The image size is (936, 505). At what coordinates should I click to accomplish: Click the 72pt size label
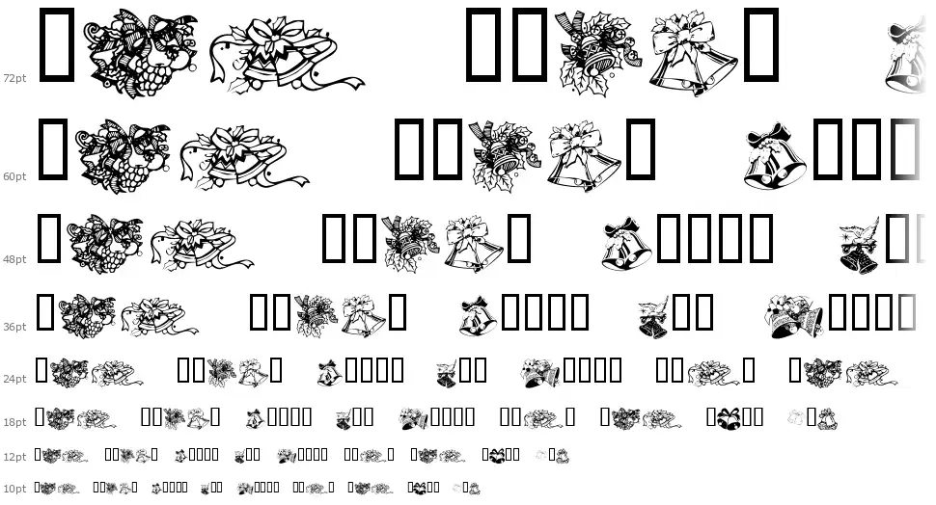click(x=14, y=78)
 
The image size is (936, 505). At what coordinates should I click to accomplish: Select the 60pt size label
click(x=14, y=176)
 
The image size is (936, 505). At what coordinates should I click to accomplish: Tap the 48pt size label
click(x=14, y=259)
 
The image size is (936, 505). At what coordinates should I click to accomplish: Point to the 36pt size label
click(x=14, y=327)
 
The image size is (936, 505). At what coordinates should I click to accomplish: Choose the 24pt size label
click(x=14, y=379)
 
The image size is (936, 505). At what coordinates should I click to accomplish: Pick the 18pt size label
click(x=14, y=422)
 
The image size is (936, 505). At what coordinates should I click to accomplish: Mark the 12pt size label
click(x=14, y=457)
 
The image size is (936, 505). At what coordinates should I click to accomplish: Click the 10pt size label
click(x=14, y=489)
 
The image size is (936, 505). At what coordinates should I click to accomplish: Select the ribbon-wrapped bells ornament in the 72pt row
click(x=286, y=56)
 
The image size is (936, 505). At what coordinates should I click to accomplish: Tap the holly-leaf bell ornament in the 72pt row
click(x=598, y=52)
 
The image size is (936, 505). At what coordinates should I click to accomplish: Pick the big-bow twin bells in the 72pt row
click(x=693, y=54)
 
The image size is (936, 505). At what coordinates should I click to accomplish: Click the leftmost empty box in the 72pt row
click(x=57, y=44)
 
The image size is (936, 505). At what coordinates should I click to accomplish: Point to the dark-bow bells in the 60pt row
click(x=774, y=156)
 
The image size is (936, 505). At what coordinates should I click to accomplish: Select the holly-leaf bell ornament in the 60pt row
click(x=505, y=155)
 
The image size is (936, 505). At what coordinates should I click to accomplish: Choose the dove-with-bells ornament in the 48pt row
click(x=860, y=245)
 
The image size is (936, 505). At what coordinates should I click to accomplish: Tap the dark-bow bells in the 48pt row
click(x=626, y=243)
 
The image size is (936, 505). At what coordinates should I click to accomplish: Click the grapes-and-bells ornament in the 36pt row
click(x=90, y=315)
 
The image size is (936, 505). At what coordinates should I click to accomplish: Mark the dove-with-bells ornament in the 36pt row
click(x=653, y=317)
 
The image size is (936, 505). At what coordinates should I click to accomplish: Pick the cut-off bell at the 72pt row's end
click(x=906, y=57)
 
